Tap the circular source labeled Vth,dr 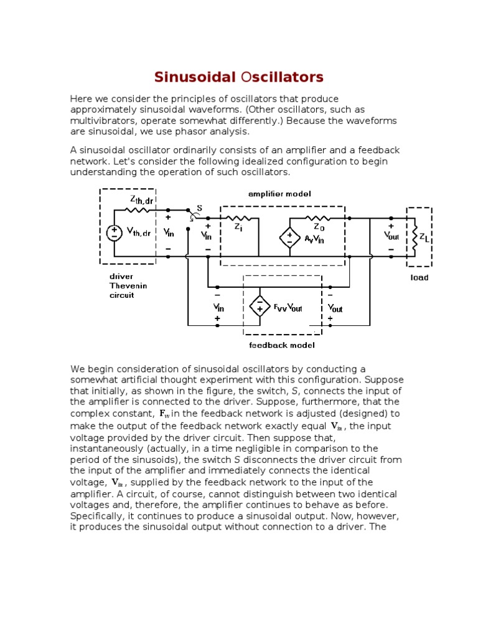[115, 233]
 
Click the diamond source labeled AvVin [289, 237]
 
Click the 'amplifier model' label [279, 194]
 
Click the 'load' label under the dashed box [419, 277]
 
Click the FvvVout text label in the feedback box [288, 307]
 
